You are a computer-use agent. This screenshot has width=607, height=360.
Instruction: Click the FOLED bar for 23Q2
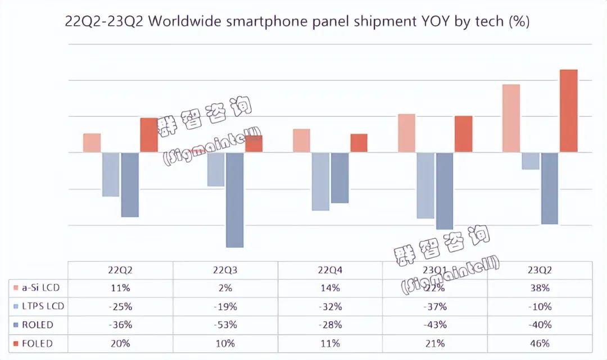point(569,111)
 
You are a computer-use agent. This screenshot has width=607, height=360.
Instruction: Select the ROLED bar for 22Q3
point(235,199)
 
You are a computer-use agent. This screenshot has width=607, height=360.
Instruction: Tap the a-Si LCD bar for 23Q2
point(511,118)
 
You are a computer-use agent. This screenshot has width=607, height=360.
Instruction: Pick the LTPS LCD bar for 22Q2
point(111,174)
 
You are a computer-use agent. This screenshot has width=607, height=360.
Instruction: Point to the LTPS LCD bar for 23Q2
point(531,161)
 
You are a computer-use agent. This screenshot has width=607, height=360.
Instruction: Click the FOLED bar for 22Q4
point(359,143)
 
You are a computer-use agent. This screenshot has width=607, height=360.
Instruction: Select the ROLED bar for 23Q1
point(445,190)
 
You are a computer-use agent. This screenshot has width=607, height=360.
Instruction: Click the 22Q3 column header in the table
point(225,270)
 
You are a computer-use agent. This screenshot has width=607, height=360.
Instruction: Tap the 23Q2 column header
point(540,270)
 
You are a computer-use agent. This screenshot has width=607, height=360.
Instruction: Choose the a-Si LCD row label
point(40,288)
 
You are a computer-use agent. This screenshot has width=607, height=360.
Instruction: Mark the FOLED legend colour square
point(17,343)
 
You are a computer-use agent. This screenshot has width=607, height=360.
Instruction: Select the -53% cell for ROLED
point(225,325)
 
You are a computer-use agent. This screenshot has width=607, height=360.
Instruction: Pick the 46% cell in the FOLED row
point(540,343)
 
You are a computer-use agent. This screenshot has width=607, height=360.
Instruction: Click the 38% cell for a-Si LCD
point(540,288)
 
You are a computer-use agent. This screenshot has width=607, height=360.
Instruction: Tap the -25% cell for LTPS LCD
point(121,307)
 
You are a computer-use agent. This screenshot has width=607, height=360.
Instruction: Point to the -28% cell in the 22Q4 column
point(330,325)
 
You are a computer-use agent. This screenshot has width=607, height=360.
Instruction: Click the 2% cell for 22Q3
point(225,288)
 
